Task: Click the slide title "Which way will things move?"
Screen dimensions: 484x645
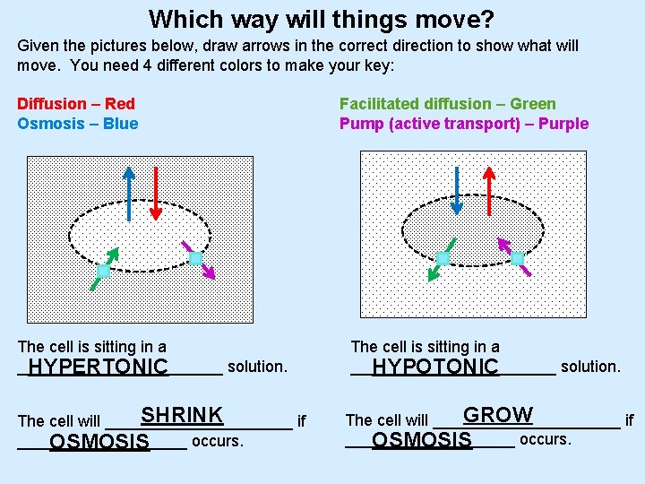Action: pos(322,19)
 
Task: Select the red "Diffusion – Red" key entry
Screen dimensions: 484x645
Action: pos(76,104)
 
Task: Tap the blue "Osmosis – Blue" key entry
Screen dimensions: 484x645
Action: pos(78,124)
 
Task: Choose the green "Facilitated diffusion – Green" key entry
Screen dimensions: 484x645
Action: pos(447,104)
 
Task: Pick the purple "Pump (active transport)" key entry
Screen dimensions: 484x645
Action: pos(463,124)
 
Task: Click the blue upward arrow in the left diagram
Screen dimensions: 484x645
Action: pos(130,194)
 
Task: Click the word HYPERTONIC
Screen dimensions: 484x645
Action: pos(98,367)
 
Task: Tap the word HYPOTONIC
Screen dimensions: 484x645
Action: pos(434,367)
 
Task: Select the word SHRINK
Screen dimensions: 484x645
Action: pos(182,416)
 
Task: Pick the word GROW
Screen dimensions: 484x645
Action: pos(497,416)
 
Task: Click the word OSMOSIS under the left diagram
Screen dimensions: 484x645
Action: pos(99,442)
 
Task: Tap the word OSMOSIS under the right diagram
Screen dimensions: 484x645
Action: pos(421,440)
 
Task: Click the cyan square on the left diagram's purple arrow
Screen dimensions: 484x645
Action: pos(195,258)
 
